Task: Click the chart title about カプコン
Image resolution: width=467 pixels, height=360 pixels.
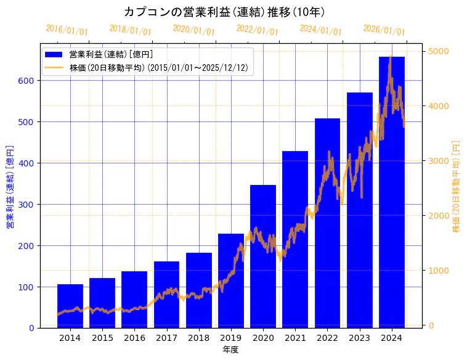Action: [224, 12]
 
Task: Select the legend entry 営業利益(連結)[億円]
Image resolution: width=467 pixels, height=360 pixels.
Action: [111, 55]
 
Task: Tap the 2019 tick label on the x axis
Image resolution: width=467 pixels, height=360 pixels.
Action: [230, 338]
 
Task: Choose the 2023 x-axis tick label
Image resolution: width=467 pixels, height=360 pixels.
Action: [359, 338]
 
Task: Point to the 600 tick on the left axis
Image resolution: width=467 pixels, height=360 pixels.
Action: [28, 81]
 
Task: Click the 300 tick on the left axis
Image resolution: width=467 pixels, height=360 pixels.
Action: [28, 205]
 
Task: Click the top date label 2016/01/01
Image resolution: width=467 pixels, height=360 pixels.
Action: [67, 30]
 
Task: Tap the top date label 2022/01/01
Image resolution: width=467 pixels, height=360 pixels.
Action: [258, 30]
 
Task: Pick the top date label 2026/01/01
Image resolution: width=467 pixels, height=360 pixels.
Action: [384, 30]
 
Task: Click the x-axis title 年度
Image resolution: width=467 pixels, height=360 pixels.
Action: [230, 350]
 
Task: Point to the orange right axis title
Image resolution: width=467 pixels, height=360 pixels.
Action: [457, 187]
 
